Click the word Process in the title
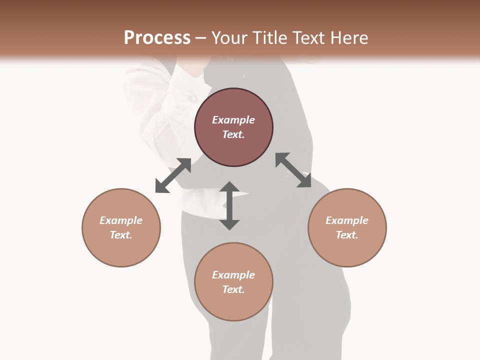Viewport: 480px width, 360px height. coord(157,38)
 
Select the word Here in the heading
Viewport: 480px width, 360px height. coord(347,38)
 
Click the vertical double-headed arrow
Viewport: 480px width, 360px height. coord(229,205)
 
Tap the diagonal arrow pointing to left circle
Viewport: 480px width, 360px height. coord(173,175)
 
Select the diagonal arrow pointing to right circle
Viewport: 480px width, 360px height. coord(293,170)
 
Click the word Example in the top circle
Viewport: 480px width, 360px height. coord(233,120)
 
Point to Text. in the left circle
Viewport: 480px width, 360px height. coord(121,235)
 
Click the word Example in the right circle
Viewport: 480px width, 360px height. coord(347,220)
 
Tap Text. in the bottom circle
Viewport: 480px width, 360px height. coord(233,289)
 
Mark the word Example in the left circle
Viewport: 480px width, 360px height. coord(121,220)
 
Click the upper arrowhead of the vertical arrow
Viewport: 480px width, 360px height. coord(229,187)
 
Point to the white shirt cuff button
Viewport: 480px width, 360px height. coord(192,98)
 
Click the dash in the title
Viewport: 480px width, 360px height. coord(201,38)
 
